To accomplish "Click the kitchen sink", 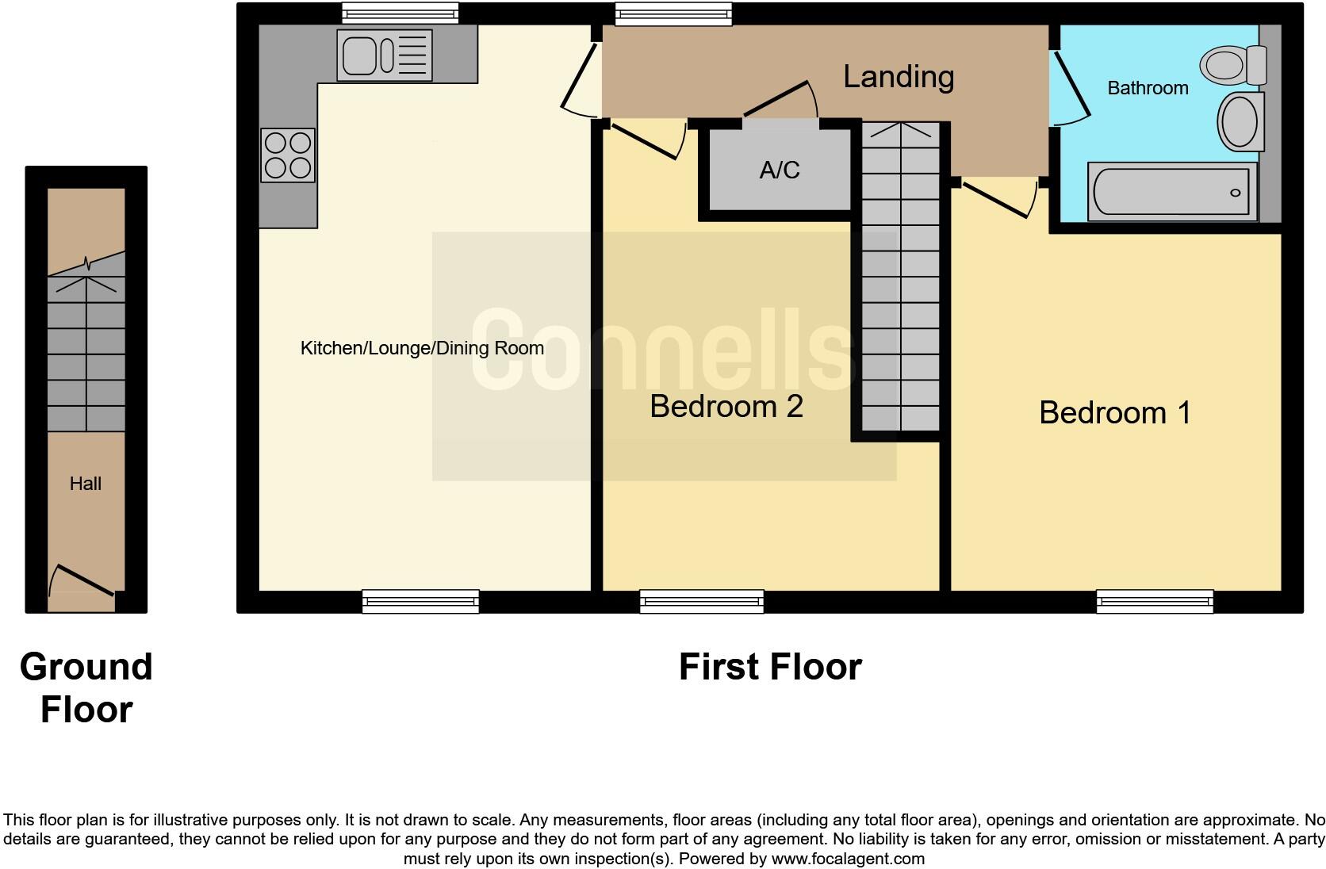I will tap(385, 56).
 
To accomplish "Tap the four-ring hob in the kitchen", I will tap(288, 155).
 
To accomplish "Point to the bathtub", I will tap(1171, 192).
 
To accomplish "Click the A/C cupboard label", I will tap(779, 170).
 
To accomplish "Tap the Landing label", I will tap(898, 77).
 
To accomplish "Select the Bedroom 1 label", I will tap(1114, 412).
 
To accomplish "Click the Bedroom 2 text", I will tap(726, 406).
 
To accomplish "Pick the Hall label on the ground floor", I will tap(86, 484).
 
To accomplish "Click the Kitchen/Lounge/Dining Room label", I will tap(422, 348).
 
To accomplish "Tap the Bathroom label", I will tap(1147, 88).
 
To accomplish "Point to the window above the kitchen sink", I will tap(400, 13).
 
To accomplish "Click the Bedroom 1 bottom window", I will tap(1155, 602).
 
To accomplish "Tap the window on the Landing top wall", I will tap(673, 13).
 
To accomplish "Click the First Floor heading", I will tap(769, 667).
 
